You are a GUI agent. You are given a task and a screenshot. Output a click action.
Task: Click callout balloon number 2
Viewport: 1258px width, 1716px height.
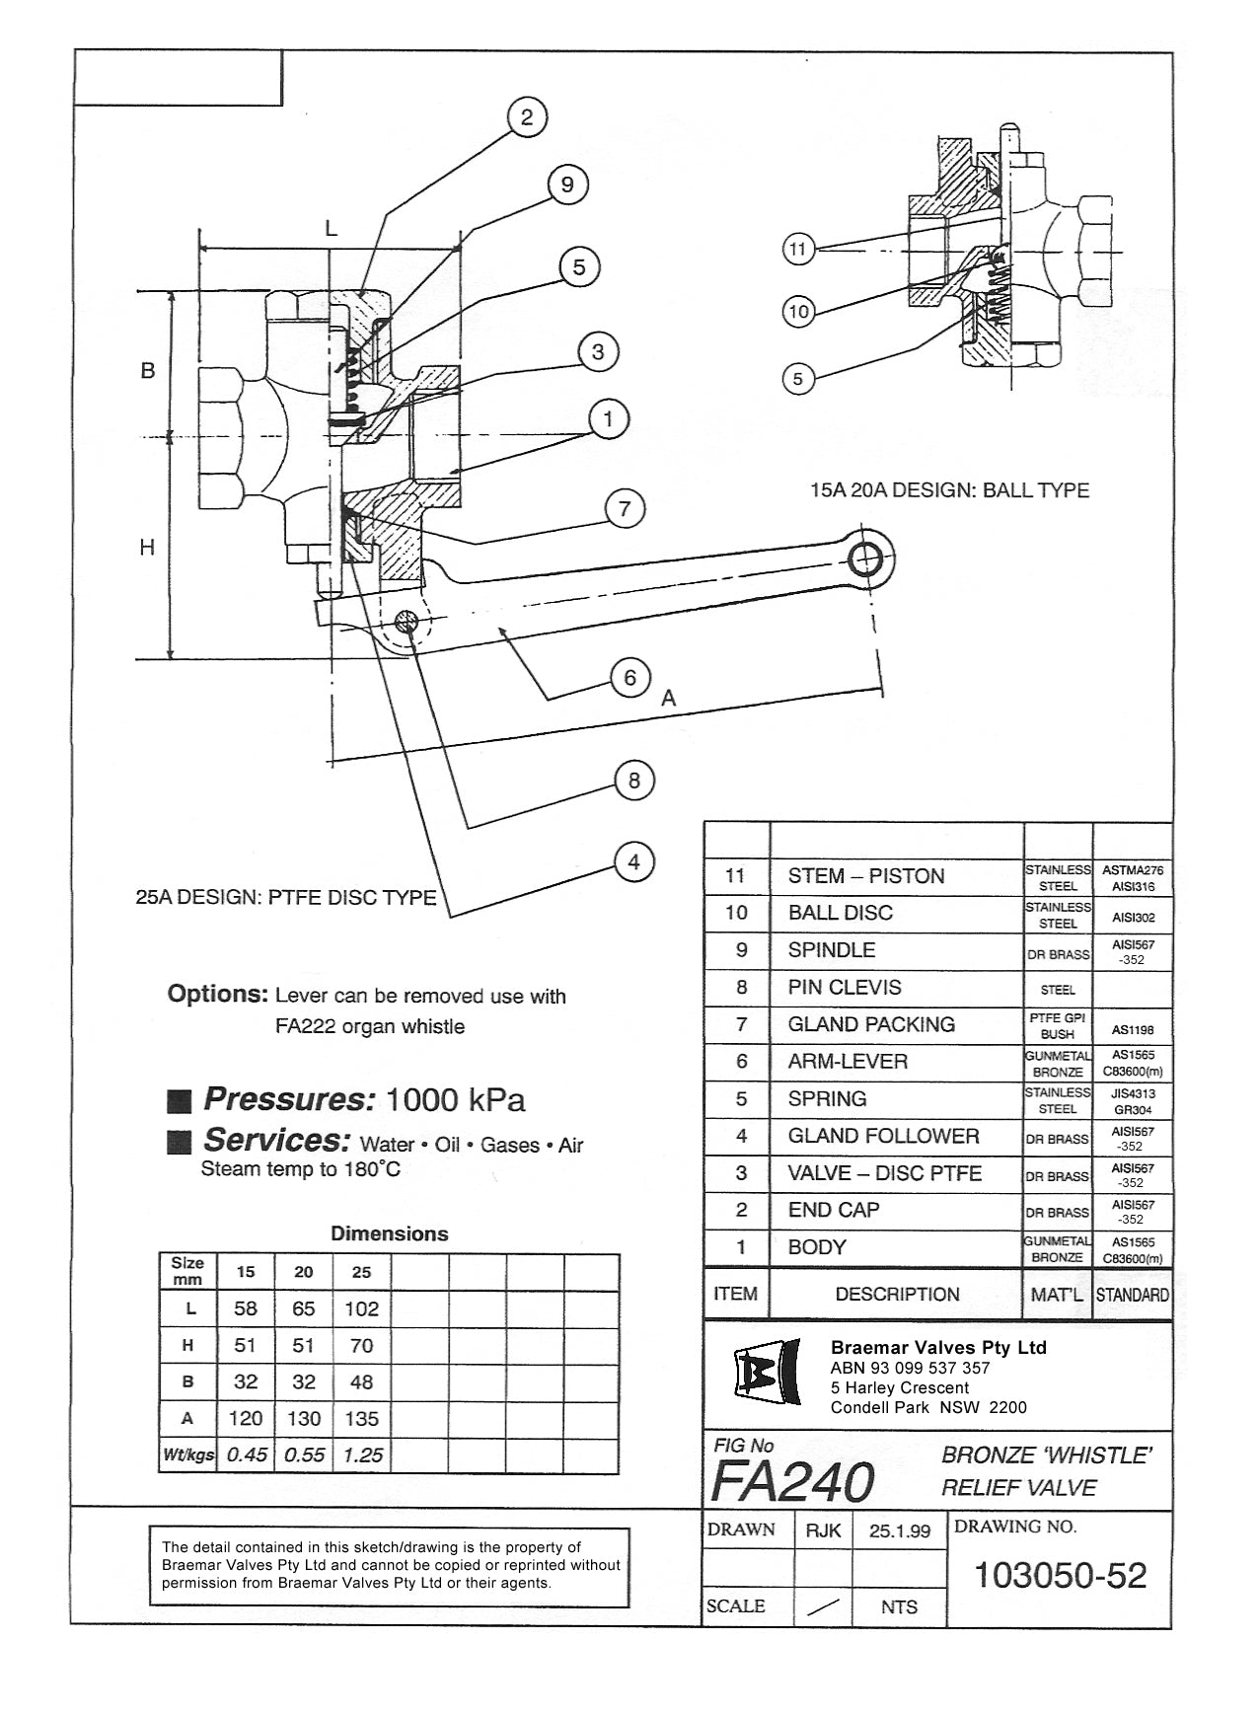[527, 117]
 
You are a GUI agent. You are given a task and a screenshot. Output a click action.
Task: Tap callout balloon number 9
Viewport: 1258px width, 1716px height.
[566, 185]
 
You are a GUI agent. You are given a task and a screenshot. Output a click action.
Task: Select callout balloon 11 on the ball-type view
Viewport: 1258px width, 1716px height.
[798, 249]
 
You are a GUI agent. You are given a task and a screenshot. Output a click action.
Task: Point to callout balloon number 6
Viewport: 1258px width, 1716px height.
[629, 677]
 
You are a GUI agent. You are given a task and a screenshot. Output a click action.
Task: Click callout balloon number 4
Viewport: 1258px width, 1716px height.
[633, 861]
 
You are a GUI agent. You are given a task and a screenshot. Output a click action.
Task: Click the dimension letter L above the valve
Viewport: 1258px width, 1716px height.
[332, 229]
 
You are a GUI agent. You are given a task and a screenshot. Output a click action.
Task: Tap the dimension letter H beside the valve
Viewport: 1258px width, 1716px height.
[147, 547]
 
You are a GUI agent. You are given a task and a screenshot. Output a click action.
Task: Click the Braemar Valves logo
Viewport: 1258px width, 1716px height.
[767, 1373]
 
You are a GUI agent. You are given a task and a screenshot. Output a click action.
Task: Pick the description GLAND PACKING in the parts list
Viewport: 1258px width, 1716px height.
[870, 1024]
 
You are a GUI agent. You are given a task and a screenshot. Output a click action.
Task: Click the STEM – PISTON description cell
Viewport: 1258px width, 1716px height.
[865, 876]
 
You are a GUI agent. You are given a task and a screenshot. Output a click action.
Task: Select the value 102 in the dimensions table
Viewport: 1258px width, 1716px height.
[361, 1308]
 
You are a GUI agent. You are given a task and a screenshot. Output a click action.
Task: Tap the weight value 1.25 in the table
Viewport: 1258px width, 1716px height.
[362, 1455]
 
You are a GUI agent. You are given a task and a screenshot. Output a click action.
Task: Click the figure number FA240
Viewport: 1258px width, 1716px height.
[791, 1480]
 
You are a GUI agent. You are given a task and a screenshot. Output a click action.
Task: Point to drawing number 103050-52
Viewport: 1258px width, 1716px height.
[1060, 1575]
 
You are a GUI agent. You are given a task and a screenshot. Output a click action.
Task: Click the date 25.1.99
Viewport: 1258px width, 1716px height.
[899, 1530]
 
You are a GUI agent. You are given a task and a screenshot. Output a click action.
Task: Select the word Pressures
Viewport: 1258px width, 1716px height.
[289, 1099]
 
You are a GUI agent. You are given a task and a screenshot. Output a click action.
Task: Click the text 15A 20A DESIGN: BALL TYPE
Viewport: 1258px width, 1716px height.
[949, 490]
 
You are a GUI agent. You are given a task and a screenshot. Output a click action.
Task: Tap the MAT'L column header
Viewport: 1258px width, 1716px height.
[1057, 1294]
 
